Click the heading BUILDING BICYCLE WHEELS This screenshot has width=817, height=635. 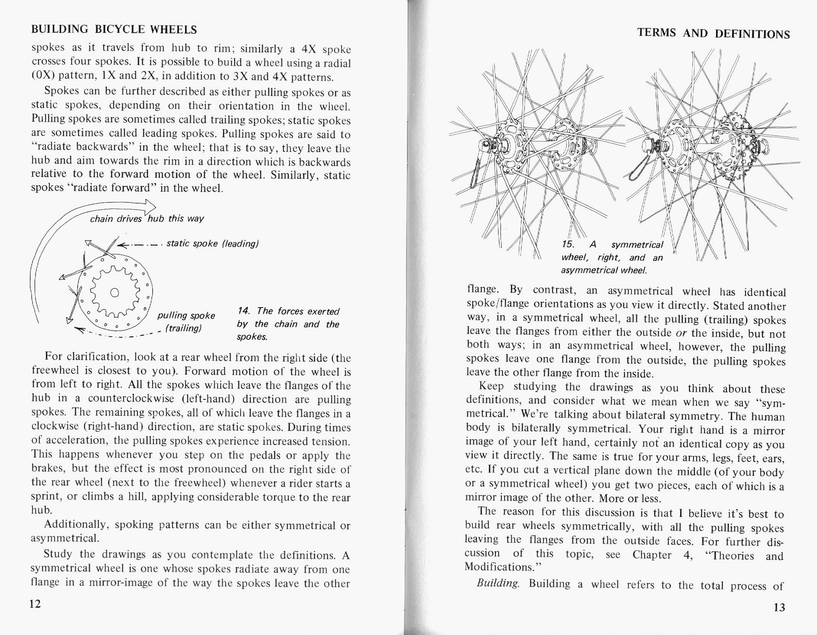114,29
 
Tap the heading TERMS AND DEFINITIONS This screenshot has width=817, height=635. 713,34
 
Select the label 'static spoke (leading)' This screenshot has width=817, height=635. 213,244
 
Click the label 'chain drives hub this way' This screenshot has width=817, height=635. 146,218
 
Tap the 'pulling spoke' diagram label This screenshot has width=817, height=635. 186,316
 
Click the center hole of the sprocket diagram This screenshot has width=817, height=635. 114,293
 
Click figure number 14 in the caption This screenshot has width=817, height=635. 243,311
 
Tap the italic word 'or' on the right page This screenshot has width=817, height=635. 681,333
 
